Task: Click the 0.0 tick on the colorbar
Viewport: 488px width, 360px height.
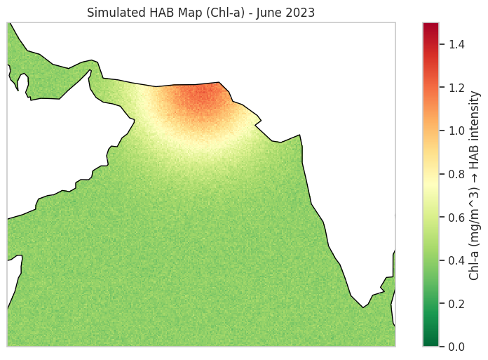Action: [x=456, y=347]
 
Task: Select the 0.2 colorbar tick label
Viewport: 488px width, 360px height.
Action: [x=456, y=303]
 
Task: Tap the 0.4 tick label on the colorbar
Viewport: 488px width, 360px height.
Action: [x=456, y=260]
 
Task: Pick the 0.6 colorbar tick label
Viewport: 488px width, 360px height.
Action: [x=456, y=217]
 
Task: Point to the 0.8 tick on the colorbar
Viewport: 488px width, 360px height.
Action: [x=456, y=174]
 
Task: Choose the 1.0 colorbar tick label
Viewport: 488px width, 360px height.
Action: [x=456, y=131]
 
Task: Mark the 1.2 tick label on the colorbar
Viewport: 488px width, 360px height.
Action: [x=456, y=88]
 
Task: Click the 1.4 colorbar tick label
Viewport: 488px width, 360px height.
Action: [x=456, y=44]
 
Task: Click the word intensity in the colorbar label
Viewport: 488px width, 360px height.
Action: [x=475, y=116]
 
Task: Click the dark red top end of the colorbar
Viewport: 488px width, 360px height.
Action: [x=431, y=26]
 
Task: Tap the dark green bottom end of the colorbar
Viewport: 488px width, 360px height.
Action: [x=431, y=343]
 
